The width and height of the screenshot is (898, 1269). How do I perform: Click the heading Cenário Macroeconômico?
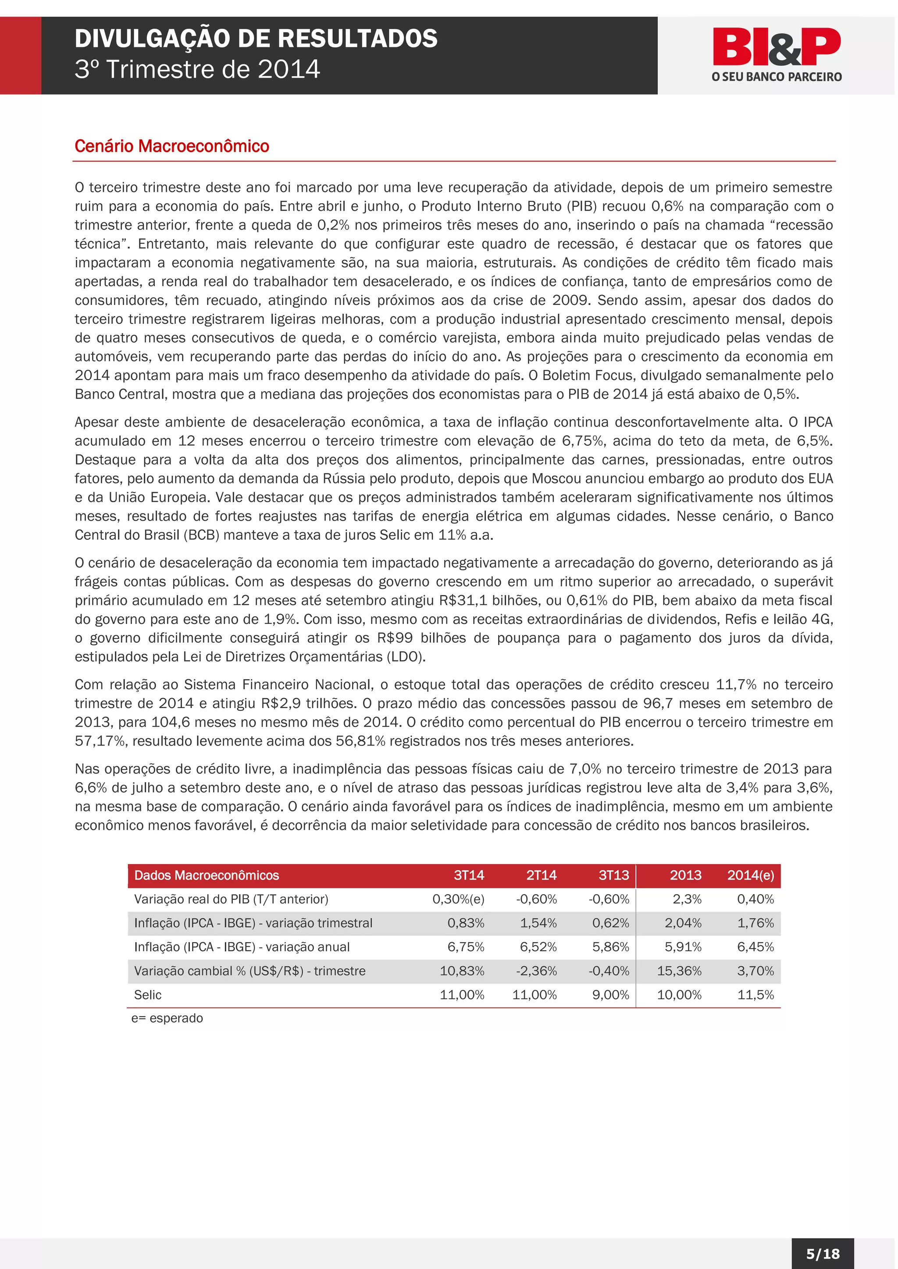point(171,146)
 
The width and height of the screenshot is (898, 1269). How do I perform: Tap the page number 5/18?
point(823,1254)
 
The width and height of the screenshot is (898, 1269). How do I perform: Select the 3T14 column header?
point(468,875)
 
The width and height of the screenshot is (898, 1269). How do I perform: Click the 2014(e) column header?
point(750,875)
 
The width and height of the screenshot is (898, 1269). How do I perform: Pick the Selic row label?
point(148,995)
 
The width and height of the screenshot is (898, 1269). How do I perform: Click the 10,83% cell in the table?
point(462,971)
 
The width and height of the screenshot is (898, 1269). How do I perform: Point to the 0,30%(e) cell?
point(458,899)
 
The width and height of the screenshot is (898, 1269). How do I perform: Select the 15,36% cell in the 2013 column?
point(679,971)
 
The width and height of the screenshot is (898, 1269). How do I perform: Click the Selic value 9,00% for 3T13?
point(610,995)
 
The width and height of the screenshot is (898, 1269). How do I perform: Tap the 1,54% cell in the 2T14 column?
point(538,923)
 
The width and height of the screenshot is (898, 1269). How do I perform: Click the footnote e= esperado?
point(167,1018)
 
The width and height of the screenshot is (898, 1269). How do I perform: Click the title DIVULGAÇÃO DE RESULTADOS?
point(256,39)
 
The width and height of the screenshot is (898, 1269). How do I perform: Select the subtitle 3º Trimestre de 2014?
point(197,70)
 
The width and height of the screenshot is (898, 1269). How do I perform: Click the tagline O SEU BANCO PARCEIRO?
point(777,77)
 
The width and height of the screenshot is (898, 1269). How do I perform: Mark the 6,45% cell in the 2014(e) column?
point(755,947)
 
